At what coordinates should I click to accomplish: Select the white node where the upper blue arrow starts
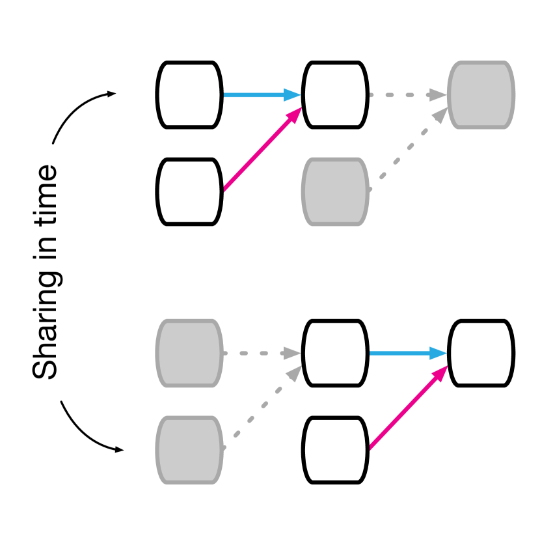click(x=189, y=94)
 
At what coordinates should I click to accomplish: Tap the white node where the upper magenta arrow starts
click(x=189, y=191)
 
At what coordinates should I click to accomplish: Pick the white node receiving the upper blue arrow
click(x=335, y=94)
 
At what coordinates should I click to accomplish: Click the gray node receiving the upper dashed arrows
click(x=481, y=94)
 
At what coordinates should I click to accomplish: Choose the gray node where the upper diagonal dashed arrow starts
click(x=335, y=191)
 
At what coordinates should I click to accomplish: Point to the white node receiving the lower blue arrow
click(x=481, y=353)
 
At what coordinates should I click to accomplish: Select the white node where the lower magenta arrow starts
click(x=335, y=450)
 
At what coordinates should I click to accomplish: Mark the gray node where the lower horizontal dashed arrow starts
click(x=189, y=353)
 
